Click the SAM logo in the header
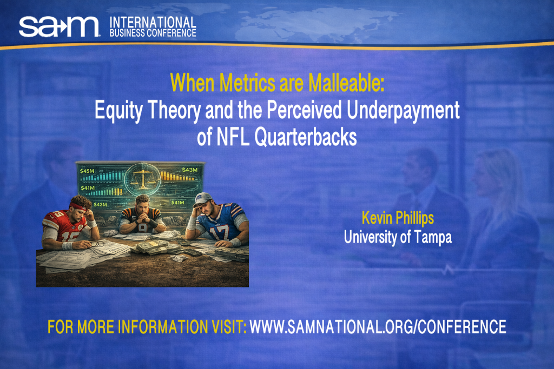(x=59, y=26)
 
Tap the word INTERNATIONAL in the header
(x=153, y=22)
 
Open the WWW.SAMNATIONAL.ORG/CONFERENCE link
(x=378, y=327)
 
